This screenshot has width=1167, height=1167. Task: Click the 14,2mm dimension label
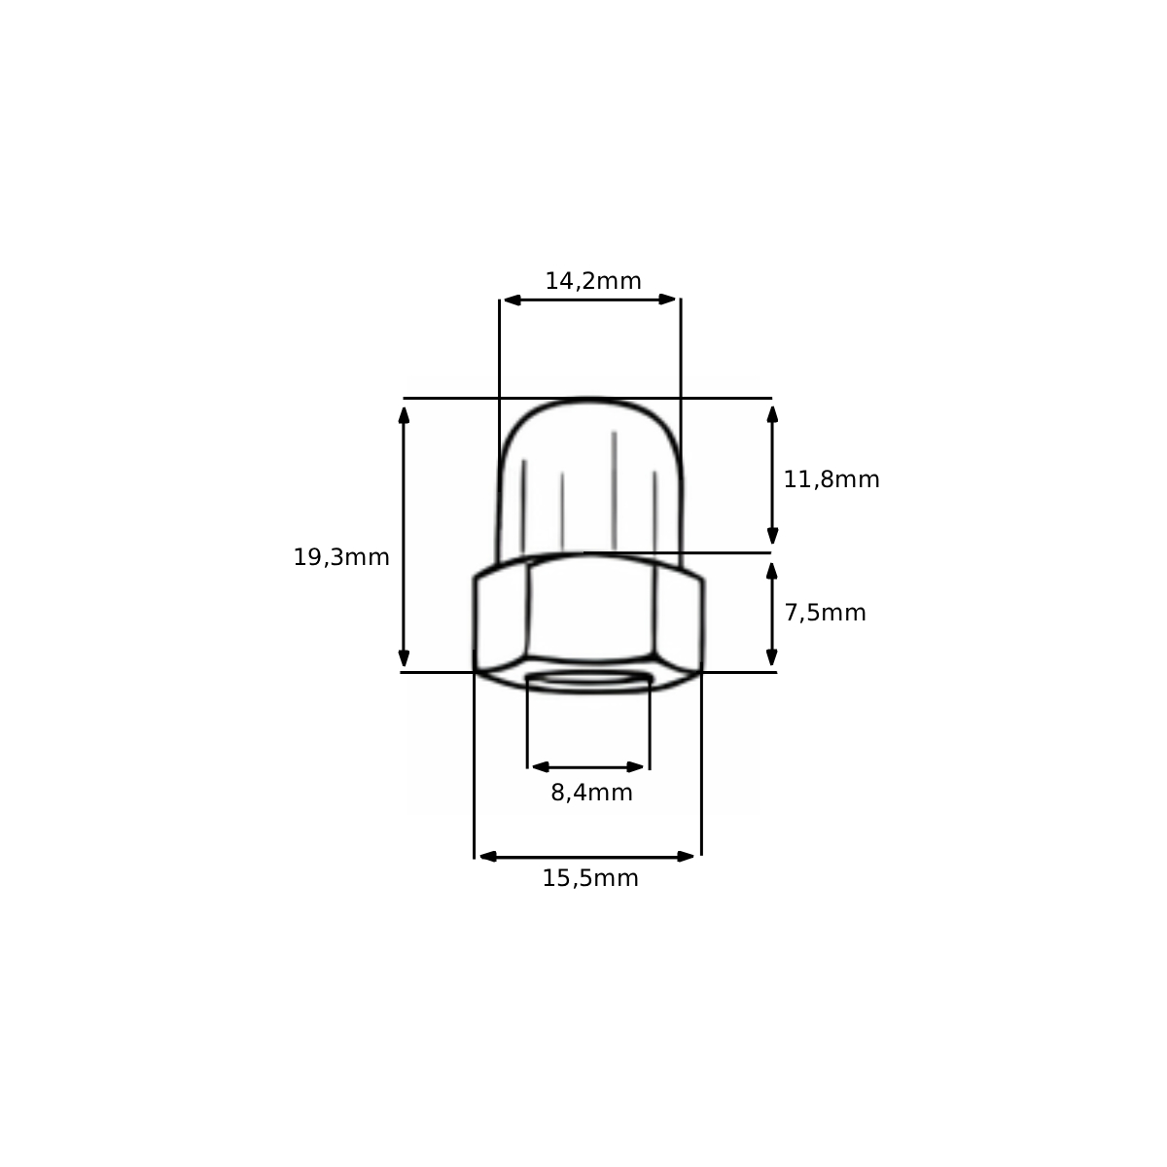coord(593,282)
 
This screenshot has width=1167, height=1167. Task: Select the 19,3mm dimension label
coord(341,558)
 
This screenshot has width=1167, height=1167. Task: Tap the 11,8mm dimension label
coord(831,480)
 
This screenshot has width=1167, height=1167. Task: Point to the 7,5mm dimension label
coord(826,614)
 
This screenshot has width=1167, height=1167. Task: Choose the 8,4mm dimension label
coord(591,794)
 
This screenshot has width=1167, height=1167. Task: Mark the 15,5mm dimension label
coord(590,879)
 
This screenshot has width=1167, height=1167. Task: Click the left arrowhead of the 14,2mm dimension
coord(513,300)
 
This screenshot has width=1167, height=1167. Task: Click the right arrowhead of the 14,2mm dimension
coord(667,300)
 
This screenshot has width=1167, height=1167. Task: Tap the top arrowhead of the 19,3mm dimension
coord(404,415)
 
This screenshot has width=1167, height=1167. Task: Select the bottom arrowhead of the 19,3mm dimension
coord(404,658)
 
